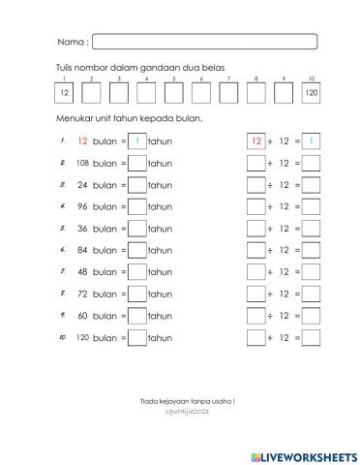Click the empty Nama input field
(204, 42)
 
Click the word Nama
(72, 43)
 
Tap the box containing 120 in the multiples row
(311, 93)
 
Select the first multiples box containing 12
(64, 93)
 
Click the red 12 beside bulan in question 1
(82, 141)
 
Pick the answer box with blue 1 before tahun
(137, 141)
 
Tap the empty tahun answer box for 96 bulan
(137, 207)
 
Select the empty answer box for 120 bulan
(137, 338)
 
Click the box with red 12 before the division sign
(256, 141)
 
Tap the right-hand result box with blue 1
(312, 141)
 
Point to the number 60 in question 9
(83, 316)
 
